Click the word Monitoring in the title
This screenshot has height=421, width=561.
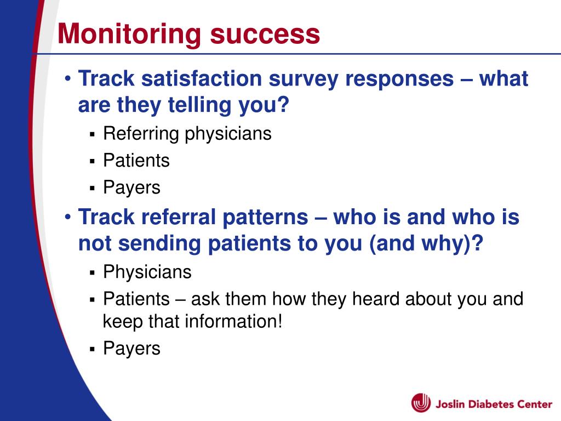(129, 35)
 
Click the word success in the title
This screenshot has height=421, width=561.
(265, 35)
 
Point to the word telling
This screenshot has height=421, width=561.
(200, 106)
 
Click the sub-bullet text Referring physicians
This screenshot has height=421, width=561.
(187, 134)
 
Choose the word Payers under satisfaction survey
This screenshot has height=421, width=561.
(131, 187)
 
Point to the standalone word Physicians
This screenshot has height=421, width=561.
(147, 272)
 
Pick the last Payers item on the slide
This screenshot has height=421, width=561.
(131, 349)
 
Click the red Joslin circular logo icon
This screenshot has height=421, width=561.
(421, 403)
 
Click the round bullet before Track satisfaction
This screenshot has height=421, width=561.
(68, 78)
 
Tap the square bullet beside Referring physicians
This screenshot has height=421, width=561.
(92, 135)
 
